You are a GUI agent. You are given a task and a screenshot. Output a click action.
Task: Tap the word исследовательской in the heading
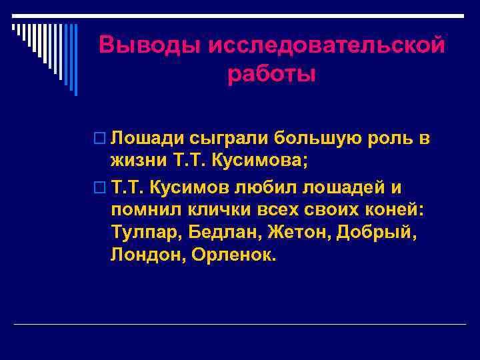pos(327,46)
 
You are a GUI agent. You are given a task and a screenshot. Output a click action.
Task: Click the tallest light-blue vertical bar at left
pos(75,60)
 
